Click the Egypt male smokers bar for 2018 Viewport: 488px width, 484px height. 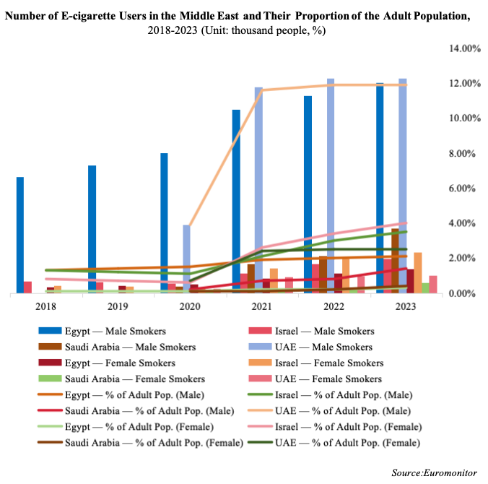pos(20,235)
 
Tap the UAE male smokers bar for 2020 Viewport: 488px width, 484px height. pos(186,259)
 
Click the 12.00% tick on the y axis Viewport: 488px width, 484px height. pos(465,84)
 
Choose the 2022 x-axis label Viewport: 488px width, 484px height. pos(333,306)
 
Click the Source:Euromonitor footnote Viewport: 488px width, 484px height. pos(435,472)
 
